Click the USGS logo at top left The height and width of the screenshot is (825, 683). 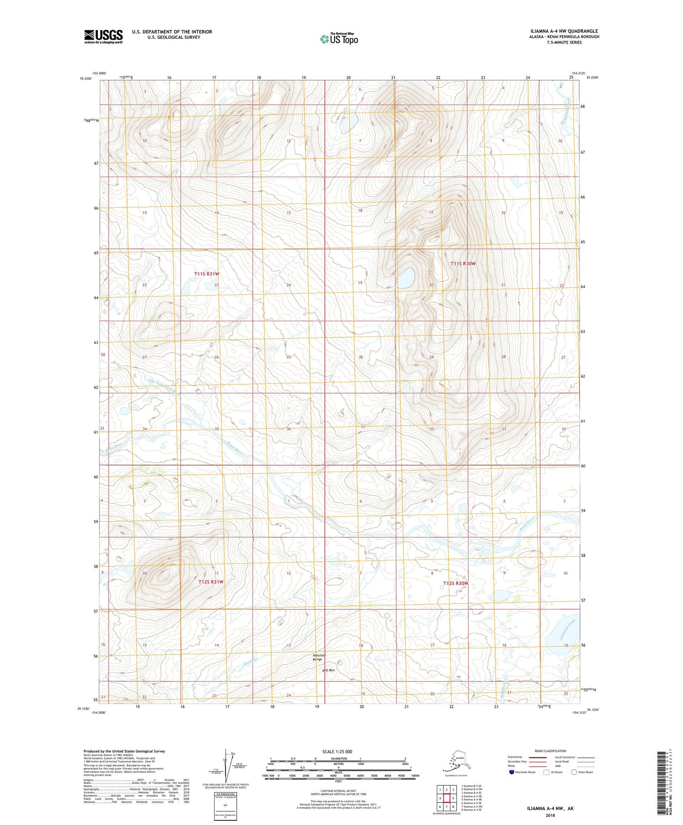[103, 36]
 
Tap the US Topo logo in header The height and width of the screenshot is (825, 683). [338, 38]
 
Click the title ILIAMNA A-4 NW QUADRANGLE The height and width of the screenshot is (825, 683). [564, 31]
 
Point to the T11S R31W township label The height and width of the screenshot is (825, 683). [207, 274]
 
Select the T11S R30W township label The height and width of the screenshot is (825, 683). [463, 264]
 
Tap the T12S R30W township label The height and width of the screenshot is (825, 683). [455, 584]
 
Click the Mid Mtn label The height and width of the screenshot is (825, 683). [328, 670]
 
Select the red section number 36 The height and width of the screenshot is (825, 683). [289, 429]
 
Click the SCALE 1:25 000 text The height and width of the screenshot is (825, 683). [337, 751]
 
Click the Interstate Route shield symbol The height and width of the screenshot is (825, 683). [512, 772]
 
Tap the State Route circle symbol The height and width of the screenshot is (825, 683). [574, 772]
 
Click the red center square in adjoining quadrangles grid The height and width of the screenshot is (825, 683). [446, 798]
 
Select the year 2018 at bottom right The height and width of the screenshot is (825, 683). [550, 815]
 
